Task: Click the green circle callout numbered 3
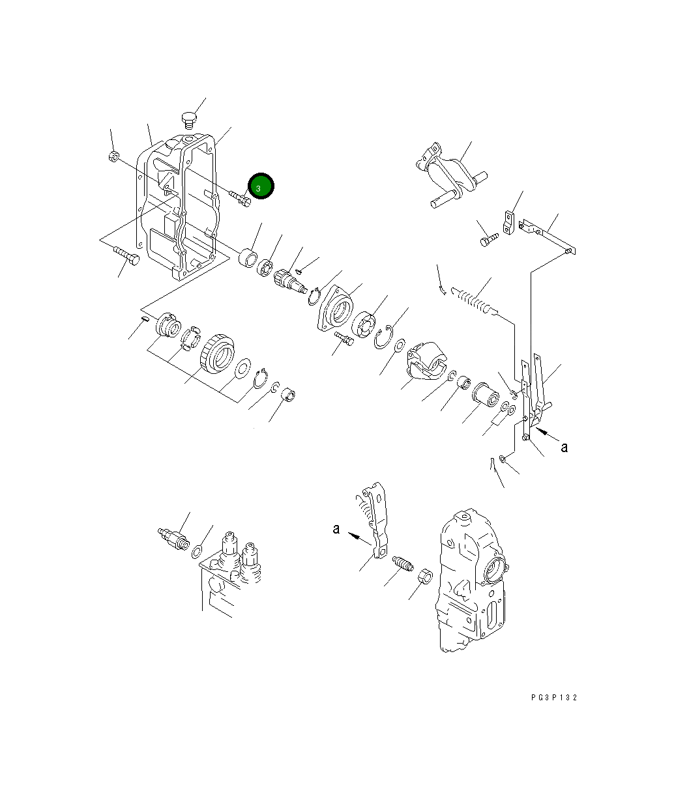click(260, 187)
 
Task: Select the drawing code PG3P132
click(553, 698)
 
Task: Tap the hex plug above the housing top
click(188, 121)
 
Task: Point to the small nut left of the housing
click(113, 156)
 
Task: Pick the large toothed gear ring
click(217, 356)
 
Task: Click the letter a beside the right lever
click(564, 447)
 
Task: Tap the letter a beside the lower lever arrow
click(336, 529)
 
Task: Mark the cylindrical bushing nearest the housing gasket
click(248, 258)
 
